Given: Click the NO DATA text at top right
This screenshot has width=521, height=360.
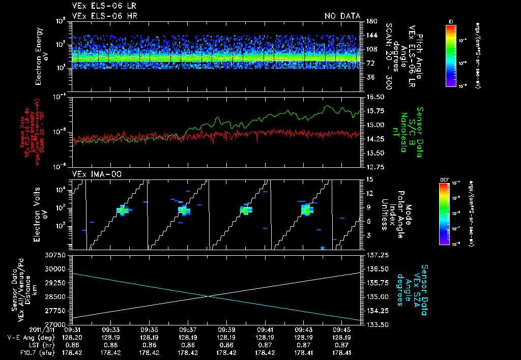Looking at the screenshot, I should click(x=342, y=16).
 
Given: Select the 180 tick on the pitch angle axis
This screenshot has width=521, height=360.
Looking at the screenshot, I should click(x=370, y=21).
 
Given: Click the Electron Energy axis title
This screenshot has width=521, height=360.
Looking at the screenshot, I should click(x=41, y=53).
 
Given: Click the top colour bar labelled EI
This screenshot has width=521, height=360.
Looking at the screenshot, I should click(x=451, y=55).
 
